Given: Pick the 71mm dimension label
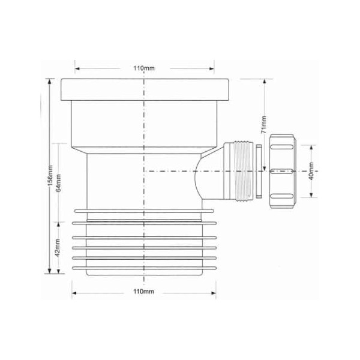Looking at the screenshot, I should tap(262, 125).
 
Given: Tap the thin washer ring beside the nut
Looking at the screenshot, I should tap(257, 171).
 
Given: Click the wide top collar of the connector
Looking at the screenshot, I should tap(146, 89).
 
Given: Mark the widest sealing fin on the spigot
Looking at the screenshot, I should tap(144, 211).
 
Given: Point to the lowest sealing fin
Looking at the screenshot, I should tap(144, 265).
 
